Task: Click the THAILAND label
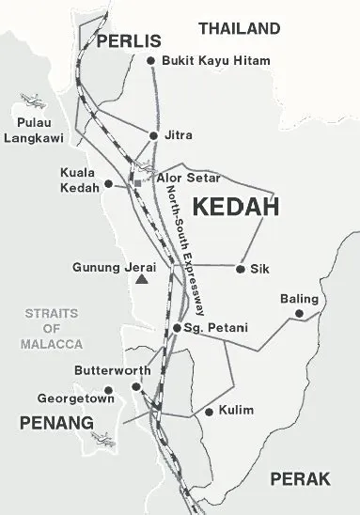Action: tap(240, 28)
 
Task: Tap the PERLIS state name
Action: tap(129, 41)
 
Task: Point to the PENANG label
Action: tap(57, 424)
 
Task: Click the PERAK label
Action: tap(300, 479)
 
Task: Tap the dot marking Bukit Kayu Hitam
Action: tap(150, 61)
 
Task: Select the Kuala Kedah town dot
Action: tap(109, 183)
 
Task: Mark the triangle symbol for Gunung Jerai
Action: tap(141, 279)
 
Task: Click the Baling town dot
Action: tap(300, 313)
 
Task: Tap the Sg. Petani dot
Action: tap(177, 327)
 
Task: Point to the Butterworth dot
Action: tap(136, 385)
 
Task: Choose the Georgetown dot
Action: tap(109, 390)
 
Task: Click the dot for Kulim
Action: tap(209, 412)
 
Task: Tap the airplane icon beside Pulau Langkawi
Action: tap(30, 98)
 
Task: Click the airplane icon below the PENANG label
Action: tap(102, 438)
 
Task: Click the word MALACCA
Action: tap(53, 344)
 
